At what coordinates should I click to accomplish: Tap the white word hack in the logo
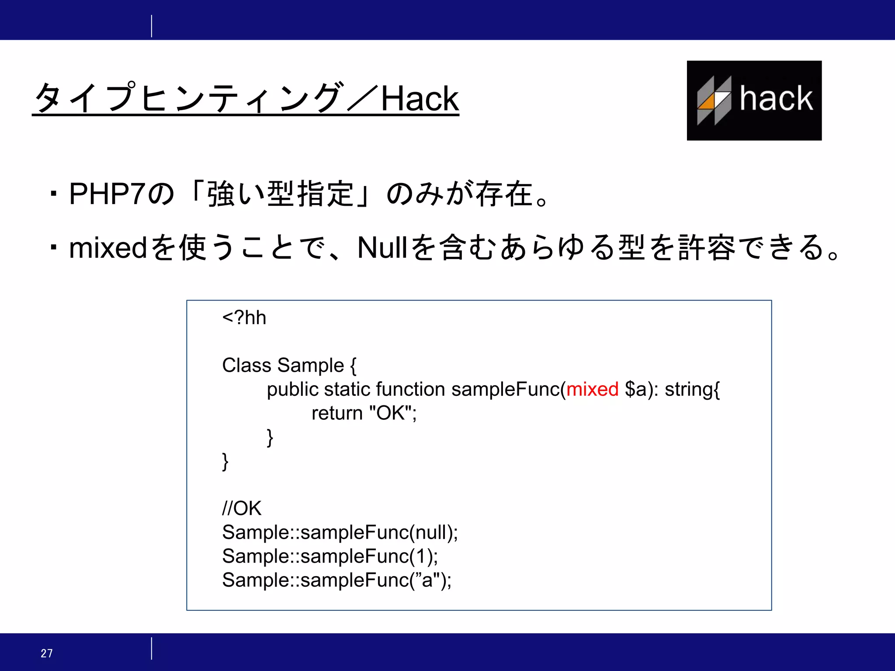(x=776, y=98)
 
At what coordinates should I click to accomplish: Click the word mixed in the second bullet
(x=108, y=248)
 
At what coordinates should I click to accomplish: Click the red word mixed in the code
(x=592, y=389)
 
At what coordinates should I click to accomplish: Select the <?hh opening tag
(x=244, y=318)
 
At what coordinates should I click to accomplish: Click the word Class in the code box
(x=246, y=365)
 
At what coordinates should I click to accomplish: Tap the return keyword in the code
(x=337, y=413)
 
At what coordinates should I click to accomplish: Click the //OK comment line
(x=242, y=508)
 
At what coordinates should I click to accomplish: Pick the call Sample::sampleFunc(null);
(x=340, y=532)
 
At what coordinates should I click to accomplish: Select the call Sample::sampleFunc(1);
(x=330, y=556)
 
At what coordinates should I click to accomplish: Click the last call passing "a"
(x=336, y=580)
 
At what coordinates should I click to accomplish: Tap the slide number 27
(x=47, y=653)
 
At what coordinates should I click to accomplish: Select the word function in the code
(x=410, y=389)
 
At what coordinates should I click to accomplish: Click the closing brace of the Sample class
(x=225, y=461)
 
